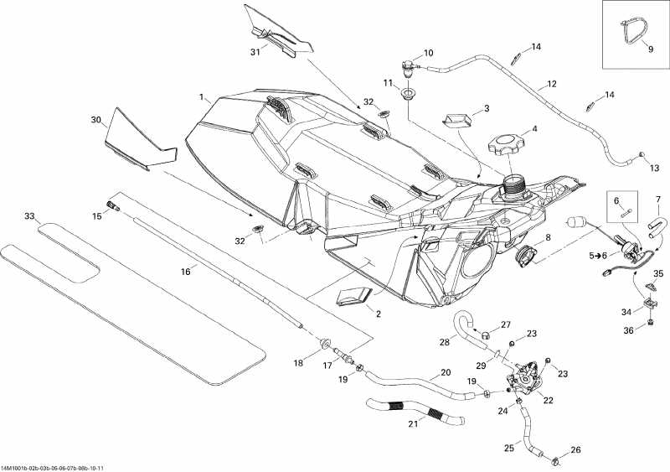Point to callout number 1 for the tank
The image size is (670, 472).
[201, 97]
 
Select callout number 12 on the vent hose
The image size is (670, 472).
[551, 84]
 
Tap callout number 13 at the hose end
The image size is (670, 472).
[654, 168]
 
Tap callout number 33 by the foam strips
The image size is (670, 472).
[30, 216]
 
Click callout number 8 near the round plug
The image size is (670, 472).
[549, 239]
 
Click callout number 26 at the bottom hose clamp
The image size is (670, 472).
[575, 450]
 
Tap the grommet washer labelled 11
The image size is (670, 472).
[408, 94]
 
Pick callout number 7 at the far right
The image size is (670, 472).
[657, 200]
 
